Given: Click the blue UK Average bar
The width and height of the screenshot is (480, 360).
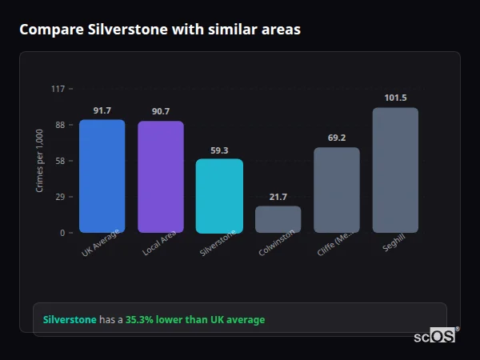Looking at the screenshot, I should point(102,177).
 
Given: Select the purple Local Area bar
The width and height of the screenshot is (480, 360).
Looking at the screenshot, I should point(161,178).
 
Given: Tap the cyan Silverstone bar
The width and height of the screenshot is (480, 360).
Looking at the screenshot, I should point(219,196).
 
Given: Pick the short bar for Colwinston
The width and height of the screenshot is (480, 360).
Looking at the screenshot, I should point(278,219).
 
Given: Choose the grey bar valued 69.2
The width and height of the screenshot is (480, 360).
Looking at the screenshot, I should point(337,190).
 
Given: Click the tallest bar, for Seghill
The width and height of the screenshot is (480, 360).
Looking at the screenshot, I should point(395,170).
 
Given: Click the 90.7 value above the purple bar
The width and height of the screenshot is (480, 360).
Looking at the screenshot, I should point(161,111).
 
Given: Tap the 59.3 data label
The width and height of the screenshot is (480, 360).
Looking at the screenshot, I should point(219,150).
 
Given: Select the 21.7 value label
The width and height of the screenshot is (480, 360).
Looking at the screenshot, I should point(278,197).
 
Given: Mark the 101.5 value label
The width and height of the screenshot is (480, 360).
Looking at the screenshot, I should point(395,98).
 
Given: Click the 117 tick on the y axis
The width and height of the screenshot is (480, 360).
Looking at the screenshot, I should point(58,89).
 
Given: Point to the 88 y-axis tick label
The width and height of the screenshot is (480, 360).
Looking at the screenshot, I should point(60,125).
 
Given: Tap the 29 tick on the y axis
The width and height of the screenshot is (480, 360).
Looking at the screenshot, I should point(60,197).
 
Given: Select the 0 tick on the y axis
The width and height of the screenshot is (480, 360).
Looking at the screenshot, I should point(62,233).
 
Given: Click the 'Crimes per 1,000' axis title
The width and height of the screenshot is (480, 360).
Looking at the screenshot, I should point(39,161).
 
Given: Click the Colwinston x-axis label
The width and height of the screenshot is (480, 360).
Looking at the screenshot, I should point(277,242).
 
